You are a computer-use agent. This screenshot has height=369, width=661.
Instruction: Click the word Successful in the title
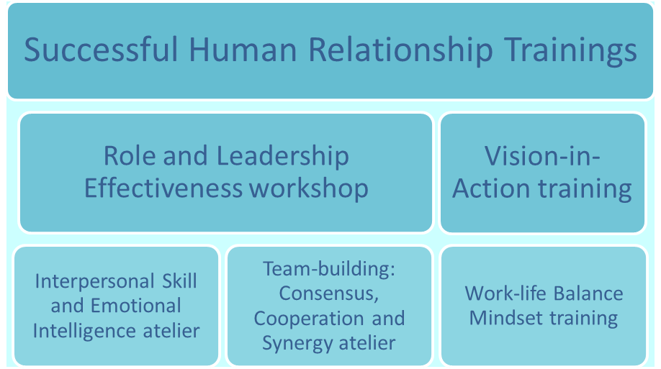pos(102,50)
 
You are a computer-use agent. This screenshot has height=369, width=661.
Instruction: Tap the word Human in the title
pos(243,50)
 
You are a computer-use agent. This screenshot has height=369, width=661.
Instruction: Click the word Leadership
pos(283,157)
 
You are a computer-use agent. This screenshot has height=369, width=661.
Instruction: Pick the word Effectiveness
pos(163,188)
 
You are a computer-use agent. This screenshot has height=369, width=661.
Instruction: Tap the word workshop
pos(309,189)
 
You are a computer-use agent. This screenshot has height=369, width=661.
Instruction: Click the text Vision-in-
pos(542,156)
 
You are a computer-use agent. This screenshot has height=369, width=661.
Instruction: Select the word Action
pos(491,188)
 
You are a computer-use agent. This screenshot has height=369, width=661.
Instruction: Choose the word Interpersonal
pos(95,282)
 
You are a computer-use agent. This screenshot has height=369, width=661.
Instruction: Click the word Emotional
pos(136,306)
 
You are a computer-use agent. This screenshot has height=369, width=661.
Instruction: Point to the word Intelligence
pos(84,332)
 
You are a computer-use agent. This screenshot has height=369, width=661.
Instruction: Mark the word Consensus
pos(329,294)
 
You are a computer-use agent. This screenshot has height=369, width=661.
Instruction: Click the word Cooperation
pos(309,319)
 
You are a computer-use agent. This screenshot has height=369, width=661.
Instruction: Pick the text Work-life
pos(505,293)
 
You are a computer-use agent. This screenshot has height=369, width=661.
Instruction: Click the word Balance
pos(588,293)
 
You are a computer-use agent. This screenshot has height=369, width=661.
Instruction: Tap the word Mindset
pos(506,318)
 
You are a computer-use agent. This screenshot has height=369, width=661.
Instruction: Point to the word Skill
pos(179,281)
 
